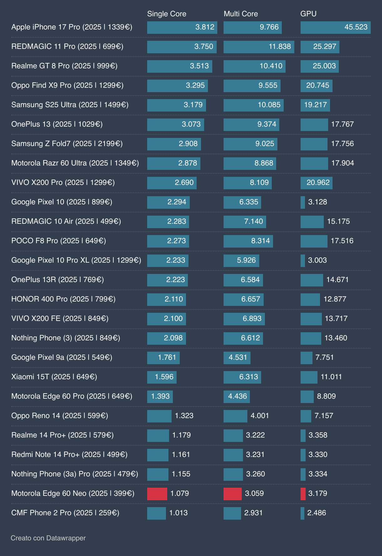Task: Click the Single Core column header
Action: tap(167, 14)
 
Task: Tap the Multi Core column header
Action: tap(241, 14)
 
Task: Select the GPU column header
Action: tap(308, 14)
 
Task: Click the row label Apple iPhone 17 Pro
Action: tap(72, 27)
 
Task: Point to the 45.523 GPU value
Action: tap(356, 27)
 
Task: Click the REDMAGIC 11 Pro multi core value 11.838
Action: tap(280, 47)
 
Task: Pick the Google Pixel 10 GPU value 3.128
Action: tap(317, 202)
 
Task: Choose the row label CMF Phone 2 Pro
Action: tap(65, 513)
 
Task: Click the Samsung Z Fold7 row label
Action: tap(67, 144)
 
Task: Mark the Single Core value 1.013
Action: tap(178, 513)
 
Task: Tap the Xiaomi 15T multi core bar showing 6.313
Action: tap(242, 377)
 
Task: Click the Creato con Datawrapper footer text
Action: tap(48, 538)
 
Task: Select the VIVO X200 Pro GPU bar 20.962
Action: tap(316, 183)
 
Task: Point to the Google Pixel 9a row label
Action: tap(62, 357)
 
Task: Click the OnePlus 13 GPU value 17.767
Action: tap(342, 124)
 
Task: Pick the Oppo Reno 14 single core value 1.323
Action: tap(184, 416)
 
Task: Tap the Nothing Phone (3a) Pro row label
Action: tap(75, 474)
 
